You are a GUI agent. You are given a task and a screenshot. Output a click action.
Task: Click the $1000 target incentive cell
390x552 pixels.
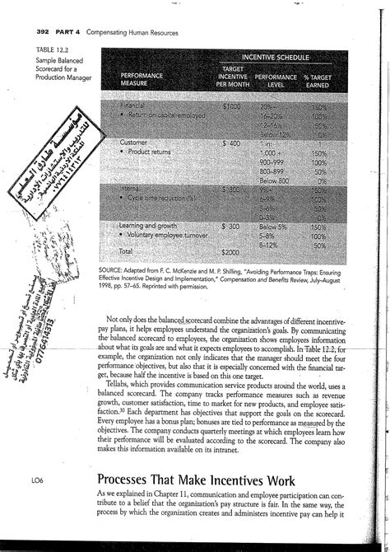pos(236,107)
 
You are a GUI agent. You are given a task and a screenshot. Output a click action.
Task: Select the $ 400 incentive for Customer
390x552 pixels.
pos(235,143)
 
